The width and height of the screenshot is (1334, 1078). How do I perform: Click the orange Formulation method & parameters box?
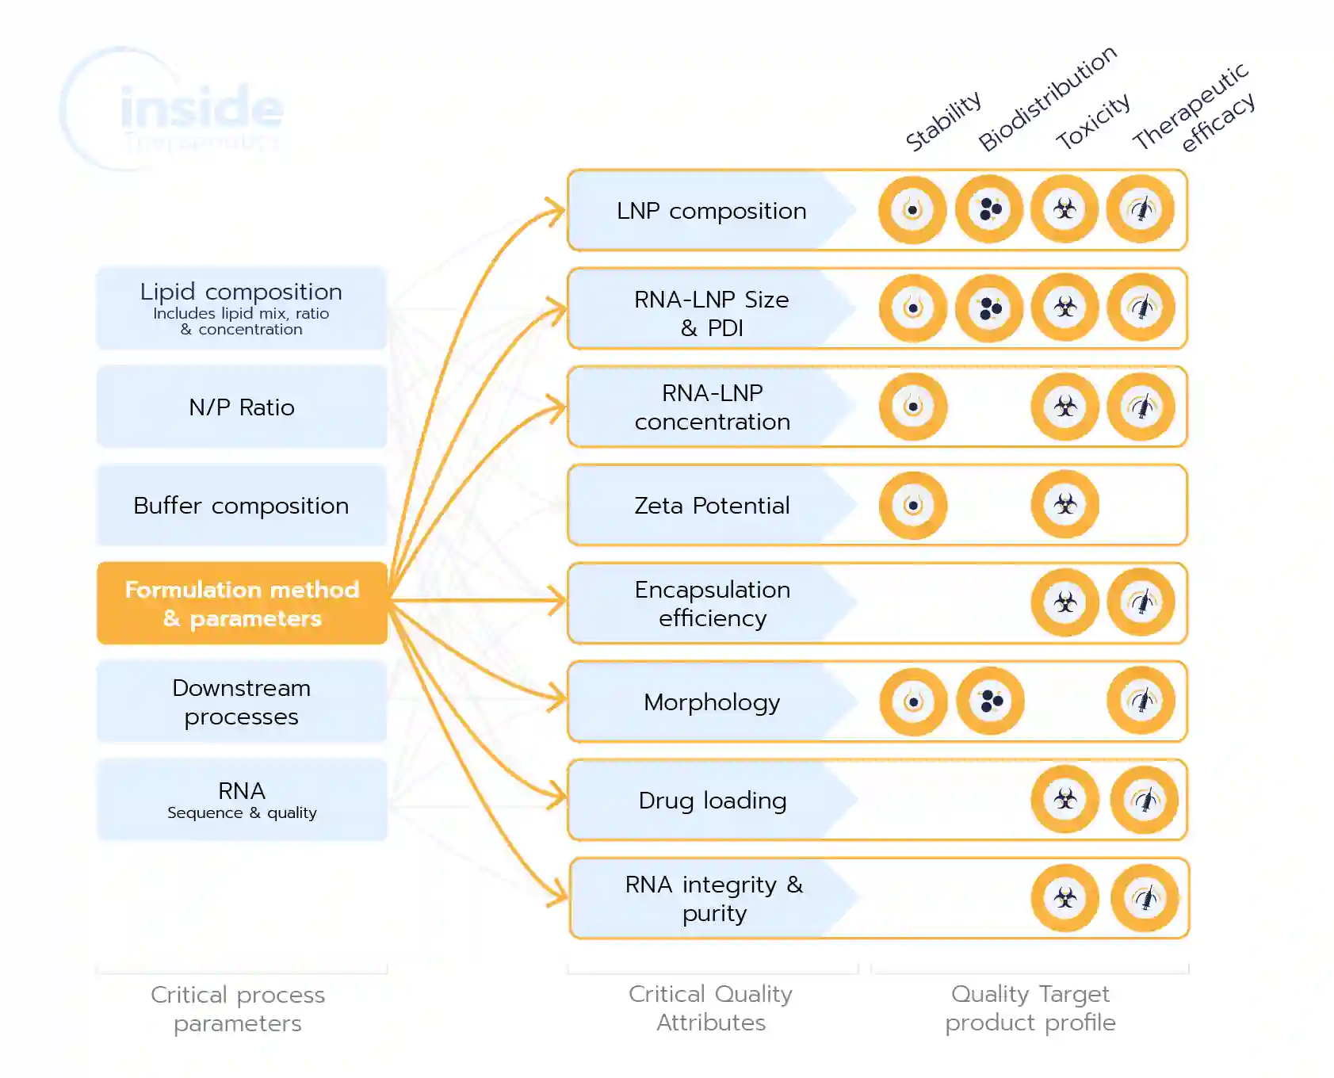(242, 603)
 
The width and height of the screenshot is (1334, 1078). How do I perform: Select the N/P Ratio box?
(242, 407)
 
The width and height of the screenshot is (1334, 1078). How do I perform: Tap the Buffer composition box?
(242, 506)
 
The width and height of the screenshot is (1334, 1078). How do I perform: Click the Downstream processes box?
(242, 702)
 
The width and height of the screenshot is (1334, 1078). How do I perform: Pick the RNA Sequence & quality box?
(242, 800)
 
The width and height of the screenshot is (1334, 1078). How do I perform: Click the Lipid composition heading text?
(241, 292)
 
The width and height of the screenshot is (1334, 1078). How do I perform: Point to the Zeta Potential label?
(712, 506)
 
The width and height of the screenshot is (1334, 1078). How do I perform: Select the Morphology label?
(712, 702)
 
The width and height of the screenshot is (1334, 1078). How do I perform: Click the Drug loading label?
(712, 801)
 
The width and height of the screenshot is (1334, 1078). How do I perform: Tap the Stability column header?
(943, 121)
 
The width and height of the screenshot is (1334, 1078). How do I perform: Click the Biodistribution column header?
(1047, 98)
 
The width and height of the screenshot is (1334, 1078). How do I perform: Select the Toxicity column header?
(1093, 121)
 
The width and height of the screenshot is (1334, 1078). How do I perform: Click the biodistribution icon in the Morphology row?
(990, 701)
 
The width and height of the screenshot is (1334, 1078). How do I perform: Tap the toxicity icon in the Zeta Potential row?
(1065, 505)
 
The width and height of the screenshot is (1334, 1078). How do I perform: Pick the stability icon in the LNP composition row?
(913, 210)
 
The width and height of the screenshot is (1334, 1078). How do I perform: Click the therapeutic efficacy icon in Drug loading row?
(1144, 800)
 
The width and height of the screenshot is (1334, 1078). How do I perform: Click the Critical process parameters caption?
(238, 1009)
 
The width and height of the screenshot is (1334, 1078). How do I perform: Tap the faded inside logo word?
(202, 109)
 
